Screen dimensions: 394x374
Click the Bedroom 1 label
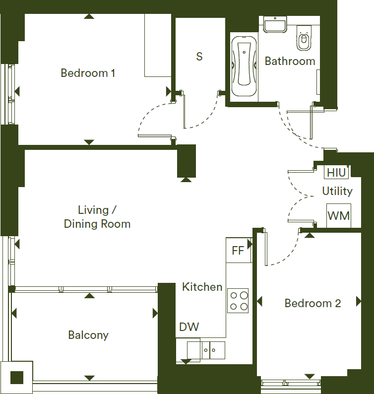click(88, 73)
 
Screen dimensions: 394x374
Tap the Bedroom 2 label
click(312, 303)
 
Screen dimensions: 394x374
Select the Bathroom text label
click(290, 61)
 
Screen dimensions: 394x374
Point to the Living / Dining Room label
click(97, 217)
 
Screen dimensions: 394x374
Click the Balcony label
click(88, 335)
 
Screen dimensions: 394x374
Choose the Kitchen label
click(202, 287)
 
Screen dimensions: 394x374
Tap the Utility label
click(337, 191)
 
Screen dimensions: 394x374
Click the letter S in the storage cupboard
click(199, 57)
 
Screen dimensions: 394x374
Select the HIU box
click(336, 172)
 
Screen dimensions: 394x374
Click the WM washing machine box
click(339, 216)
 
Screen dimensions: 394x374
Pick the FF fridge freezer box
click(239, 250)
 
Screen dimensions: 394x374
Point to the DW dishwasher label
click(189, 327)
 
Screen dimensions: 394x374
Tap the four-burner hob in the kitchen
click(238, 301)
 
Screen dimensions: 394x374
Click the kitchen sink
click(213, 350)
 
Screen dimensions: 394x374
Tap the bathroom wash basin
click(275, 25)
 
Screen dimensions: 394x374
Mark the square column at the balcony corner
click(16, 377)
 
